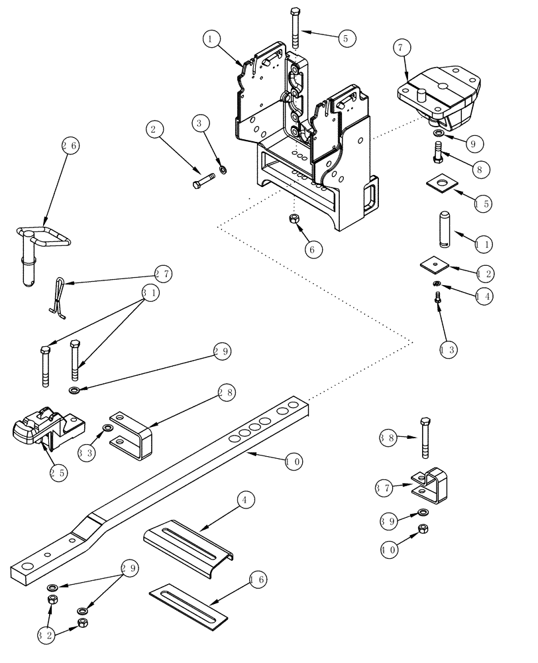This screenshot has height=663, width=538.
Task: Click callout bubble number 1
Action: point(211,40)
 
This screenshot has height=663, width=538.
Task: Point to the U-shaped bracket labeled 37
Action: point(429,483)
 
